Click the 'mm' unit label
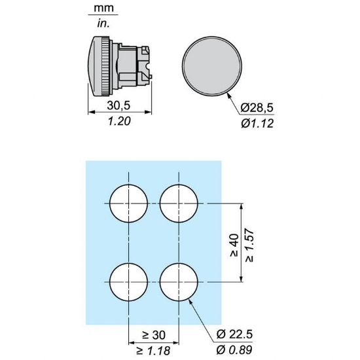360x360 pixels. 104,8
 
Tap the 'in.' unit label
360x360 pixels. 103,24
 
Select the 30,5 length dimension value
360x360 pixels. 118,105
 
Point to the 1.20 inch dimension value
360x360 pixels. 119,121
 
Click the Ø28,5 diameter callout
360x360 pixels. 257,108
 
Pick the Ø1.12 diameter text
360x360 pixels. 257,123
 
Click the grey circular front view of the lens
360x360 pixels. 212,66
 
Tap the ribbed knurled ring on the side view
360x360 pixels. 106,66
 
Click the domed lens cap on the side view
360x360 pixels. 96,66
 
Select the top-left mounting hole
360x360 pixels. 128,204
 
